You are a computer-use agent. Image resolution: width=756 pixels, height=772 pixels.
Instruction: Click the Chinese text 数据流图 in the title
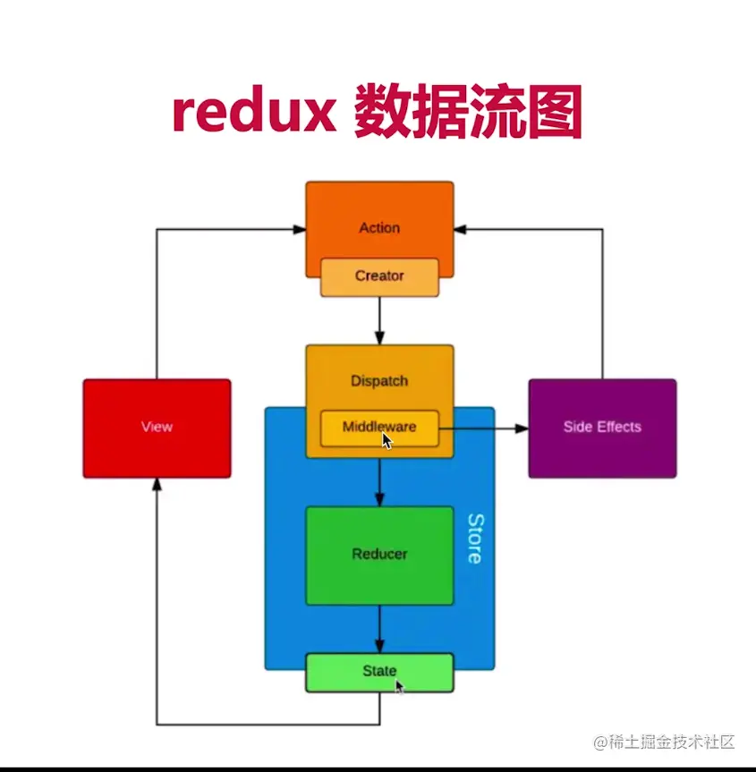pos(468,114)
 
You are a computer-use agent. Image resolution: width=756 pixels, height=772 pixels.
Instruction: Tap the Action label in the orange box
pos(379,227)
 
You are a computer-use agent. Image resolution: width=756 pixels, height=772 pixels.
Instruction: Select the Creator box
pos(379,276)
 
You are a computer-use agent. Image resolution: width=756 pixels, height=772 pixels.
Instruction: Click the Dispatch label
pos(379,380)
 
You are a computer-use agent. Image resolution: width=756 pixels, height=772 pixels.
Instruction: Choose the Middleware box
pos(379,428)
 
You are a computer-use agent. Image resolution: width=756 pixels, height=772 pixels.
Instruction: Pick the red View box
pos(157,428)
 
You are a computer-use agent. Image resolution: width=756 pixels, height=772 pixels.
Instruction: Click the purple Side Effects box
pos(602,428)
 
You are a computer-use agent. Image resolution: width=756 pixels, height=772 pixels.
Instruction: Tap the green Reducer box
pos(379,555)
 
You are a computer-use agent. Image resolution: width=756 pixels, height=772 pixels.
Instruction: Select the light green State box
pos(379,672)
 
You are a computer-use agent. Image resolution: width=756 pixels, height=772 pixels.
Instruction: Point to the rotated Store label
pos(475,539)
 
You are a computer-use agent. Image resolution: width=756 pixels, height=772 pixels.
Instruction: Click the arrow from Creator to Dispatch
pos(379,320)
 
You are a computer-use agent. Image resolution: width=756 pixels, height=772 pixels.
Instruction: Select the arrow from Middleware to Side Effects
pos(483,428)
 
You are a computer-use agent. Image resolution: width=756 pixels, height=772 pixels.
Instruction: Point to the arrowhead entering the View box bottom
pos(157,485)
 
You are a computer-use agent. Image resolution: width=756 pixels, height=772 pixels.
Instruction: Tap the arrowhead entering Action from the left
pos(299,229)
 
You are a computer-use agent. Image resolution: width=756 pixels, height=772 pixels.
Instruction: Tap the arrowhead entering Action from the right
pos(461,229)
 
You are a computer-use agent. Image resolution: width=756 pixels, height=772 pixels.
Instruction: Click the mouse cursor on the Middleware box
pos(387,440)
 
